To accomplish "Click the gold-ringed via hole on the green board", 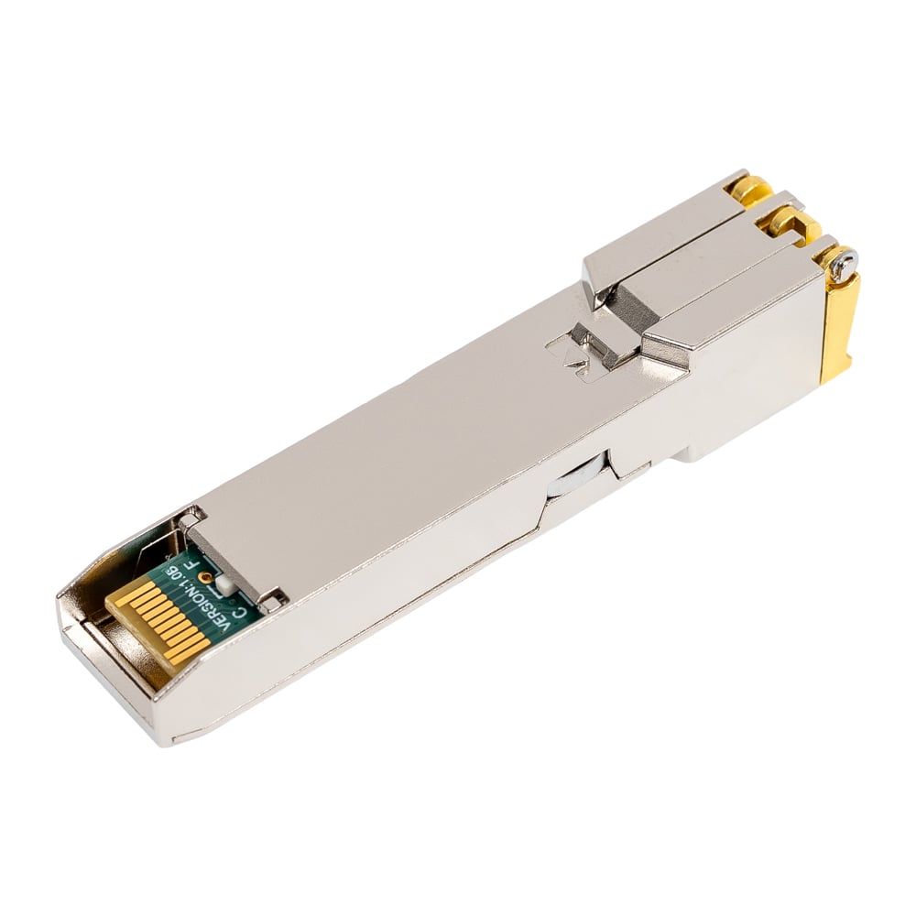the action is [204, 578].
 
